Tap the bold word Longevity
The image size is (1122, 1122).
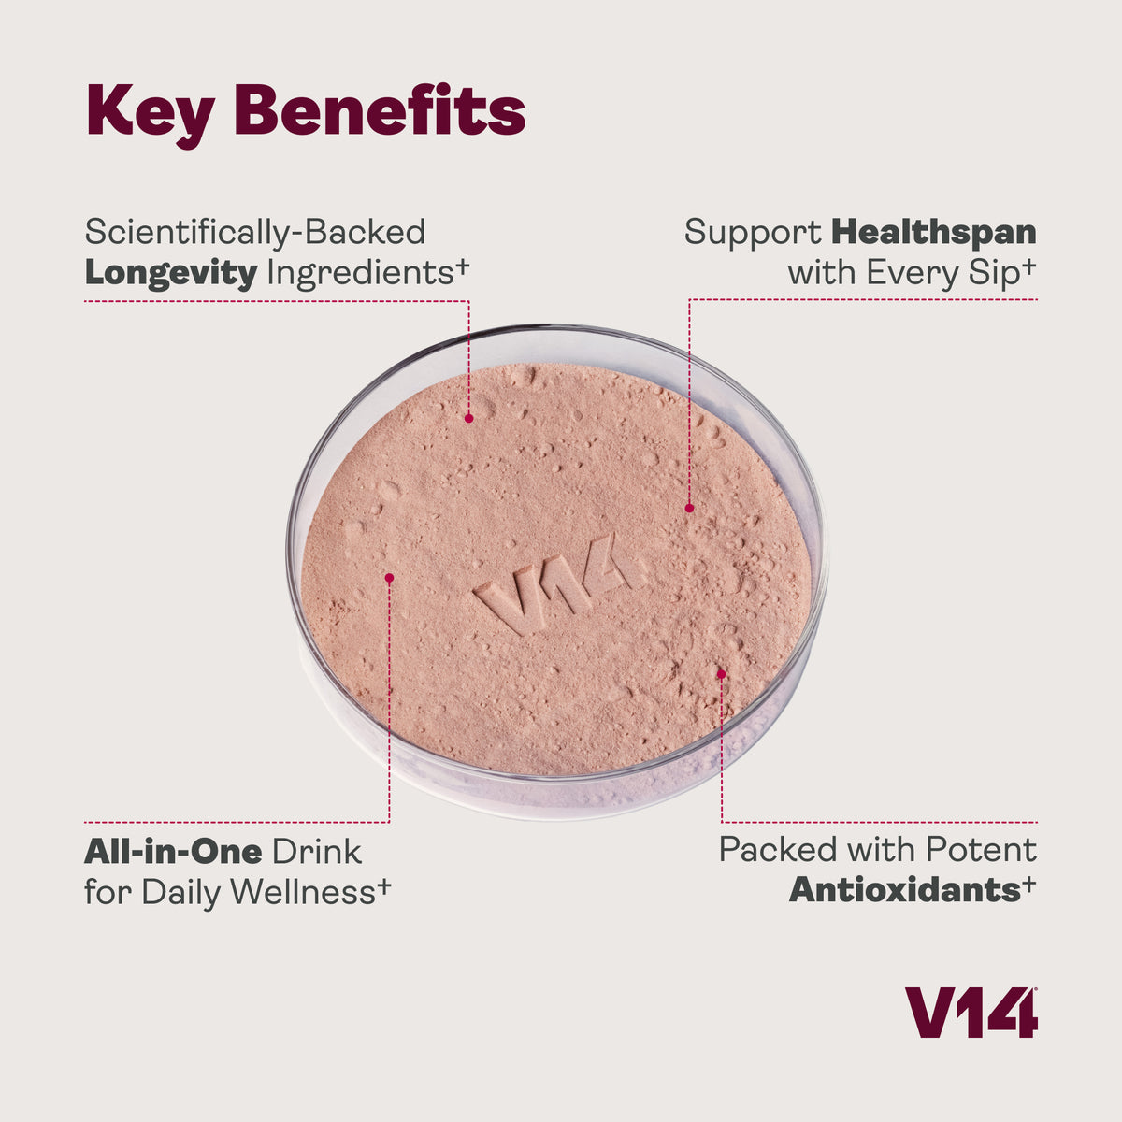click(x=170, y=273)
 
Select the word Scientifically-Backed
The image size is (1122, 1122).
click(x=254, y=232)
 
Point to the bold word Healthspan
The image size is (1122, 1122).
click(x=933, y=232)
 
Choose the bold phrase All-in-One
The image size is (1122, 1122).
click(x=173, y=851)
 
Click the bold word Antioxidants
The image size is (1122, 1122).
click(x=904, y=890)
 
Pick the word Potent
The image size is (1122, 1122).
click(x=981, y=850)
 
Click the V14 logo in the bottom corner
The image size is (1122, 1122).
click(x=971, y=1013)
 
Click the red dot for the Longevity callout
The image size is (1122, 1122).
click(x=467, y=418)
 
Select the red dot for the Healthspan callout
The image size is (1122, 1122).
click(x=689, y=509)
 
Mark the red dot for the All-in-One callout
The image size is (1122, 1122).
click(x=389, y=578)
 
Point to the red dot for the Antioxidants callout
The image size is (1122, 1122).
click(x=721, y=672)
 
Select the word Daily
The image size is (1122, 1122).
click(x=182, y=892)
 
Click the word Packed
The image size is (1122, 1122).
click(x=778, y=850)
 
